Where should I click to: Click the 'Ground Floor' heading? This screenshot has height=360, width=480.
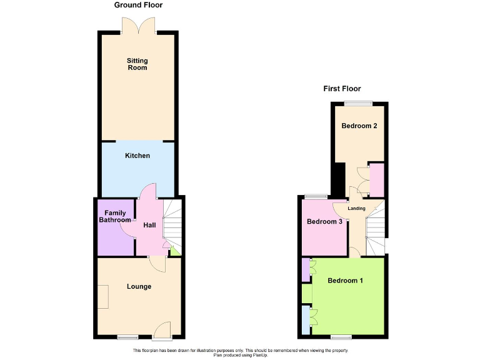pyautogui.click(x=138, y=5)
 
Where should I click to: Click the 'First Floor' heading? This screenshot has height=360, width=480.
pyautogui.click(x=342, y=89)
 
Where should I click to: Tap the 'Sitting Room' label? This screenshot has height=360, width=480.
pyautogui.click(x=137, y=64)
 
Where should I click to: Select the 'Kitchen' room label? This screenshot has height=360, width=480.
pyautogui.click(x=137, y=155)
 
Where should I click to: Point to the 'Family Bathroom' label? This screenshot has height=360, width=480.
pyautogui.click(x=115, y=217)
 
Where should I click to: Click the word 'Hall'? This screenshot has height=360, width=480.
pyautogui.click(x=149, y=225)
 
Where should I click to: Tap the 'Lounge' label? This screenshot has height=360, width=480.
pyautogui.click(x=139, y=287)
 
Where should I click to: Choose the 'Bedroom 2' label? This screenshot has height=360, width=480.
pyautogui.click(x=359, y=126)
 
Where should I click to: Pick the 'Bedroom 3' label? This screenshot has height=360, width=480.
pyautogui.click(x=324, y=222)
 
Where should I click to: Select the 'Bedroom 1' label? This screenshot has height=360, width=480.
pyautogui.click(x=345, y=281)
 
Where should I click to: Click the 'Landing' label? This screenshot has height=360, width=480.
pyautogui.click(x=356, y=209)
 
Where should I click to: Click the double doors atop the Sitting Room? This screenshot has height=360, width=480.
pyautogui.click(x=138, y=26)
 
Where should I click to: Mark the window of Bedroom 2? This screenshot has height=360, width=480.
pyautogui.click(x=357, y=103)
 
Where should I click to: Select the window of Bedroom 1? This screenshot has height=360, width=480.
pyautogui.click(x=341, y=337)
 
